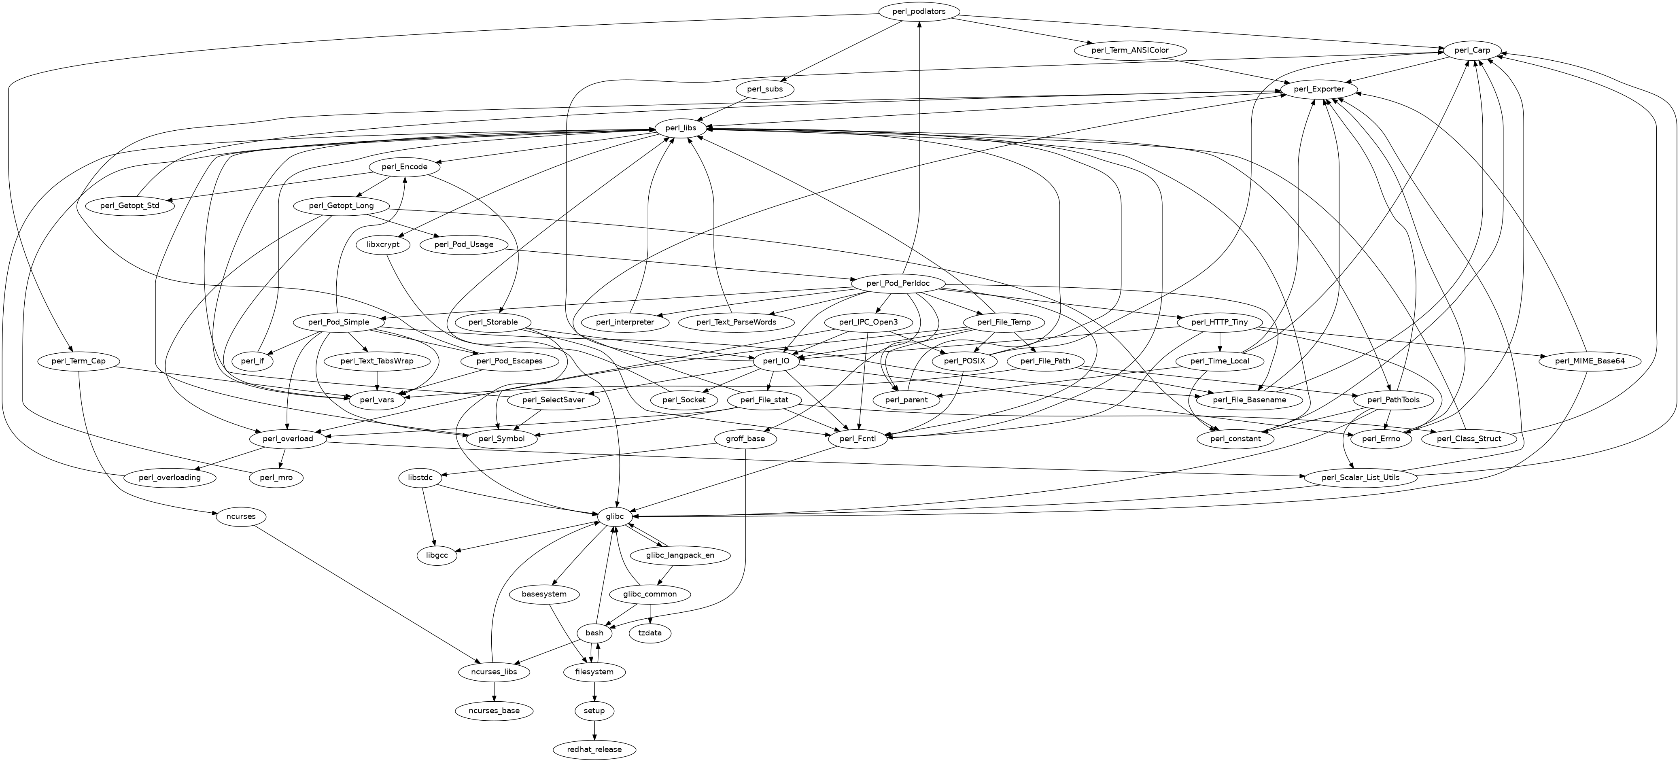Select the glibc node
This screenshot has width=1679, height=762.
615,516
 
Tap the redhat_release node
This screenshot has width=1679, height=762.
594,749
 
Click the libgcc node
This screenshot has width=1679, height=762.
437,555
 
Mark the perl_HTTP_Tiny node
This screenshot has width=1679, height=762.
1220,322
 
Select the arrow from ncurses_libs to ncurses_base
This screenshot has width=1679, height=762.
494,691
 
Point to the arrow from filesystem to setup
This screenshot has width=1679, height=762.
594,691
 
